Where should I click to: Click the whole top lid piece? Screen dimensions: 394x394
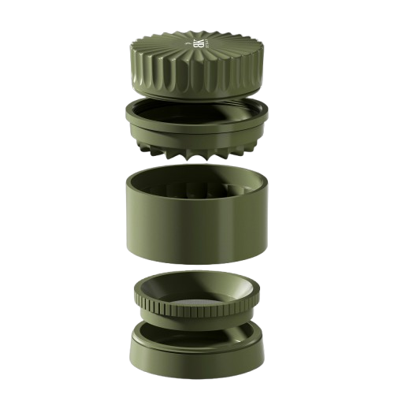point(197,63)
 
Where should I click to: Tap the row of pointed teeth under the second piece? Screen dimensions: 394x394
point(197,151)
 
